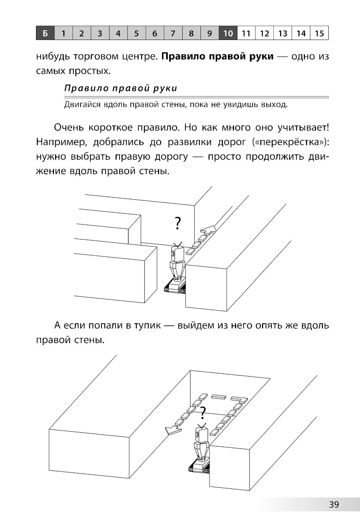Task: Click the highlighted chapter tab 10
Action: pyautogui.click(x=228, y=33)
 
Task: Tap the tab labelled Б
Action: pyautogui.click(x=45, y=33)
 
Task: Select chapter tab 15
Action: pyautogui.click(x=319, y=33)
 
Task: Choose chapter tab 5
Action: pyautogui.click(x=136, y=33)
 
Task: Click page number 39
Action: pyautogui.click(x=334, y=504)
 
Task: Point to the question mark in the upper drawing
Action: pyautogui.click(x=177, y=223)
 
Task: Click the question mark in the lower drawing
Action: pyautogui.click(x=203, y=413)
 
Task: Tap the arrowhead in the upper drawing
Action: pyautogui.click(x=209, y=229)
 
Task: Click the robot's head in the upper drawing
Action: pyautogui.click(x=177, y=253)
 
